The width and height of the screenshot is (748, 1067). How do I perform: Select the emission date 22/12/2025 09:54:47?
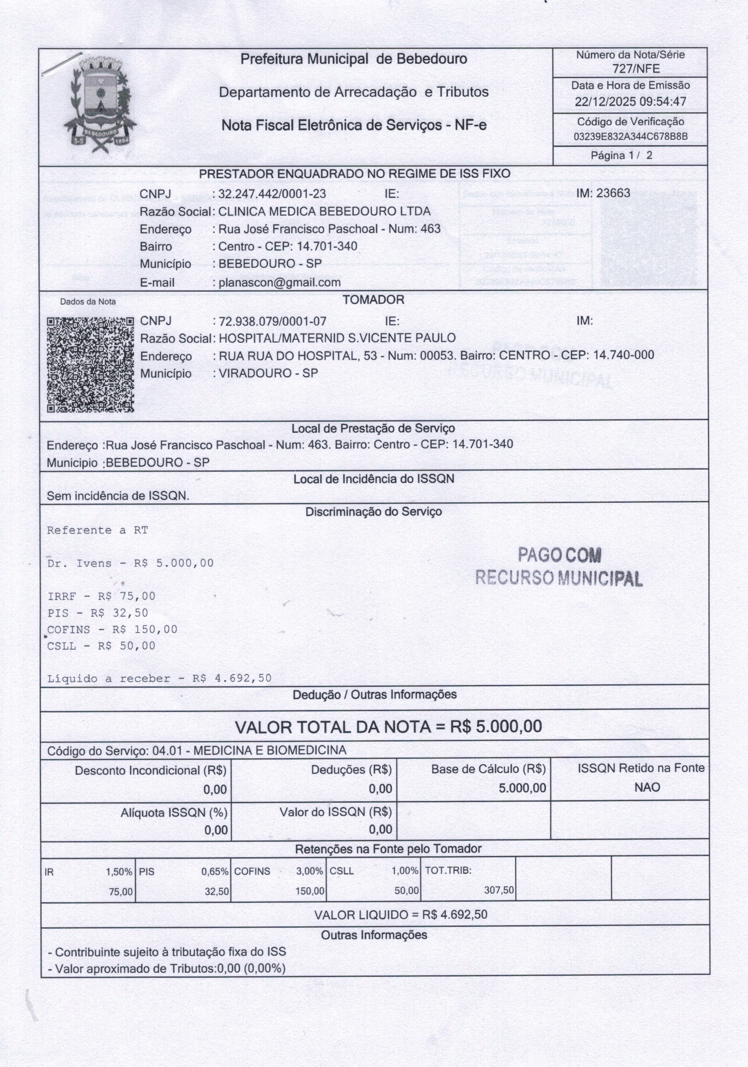(x=630, y=101)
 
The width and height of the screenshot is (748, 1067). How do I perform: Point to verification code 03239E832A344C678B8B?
(x=630, y=137)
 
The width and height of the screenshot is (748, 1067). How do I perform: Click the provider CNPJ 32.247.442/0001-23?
(x=272, y=194)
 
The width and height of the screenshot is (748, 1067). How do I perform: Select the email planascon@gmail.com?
(x=279, y=283)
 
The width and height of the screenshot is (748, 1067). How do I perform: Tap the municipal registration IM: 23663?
(x=603, y=193)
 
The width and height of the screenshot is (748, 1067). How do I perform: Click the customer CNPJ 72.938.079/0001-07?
(x=272, y=321)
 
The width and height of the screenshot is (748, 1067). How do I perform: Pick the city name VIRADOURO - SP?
(x=268, y=373)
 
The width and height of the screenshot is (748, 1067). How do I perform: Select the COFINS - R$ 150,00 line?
(x=112, y=630)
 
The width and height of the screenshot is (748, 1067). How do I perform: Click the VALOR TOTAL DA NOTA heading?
(x=388, y=727)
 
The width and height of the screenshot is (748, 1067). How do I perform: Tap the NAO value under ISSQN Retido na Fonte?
(x=647, y=787)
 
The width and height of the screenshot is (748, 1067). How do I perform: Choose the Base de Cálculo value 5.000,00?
(x=522, y=788)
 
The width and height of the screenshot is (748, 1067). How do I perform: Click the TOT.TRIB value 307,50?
(x=499, y=890)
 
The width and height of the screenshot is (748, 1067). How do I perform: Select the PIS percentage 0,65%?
(x=215, y=872)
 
